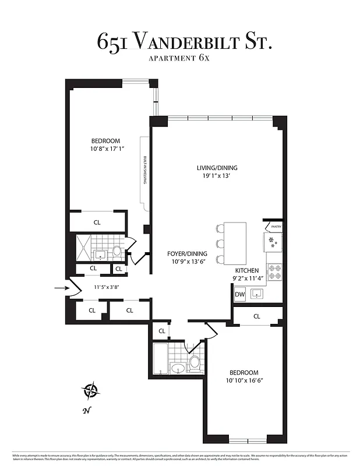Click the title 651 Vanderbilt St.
184,41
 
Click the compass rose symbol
90,390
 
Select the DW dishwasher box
239,295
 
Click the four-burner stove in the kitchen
274,271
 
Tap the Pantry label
276,227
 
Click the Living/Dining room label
217,172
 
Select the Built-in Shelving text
144,171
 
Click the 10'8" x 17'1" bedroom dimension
105,149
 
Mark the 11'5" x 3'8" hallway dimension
106,287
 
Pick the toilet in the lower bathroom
195,363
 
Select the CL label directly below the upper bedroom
97,222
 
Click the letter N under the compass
86,410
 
